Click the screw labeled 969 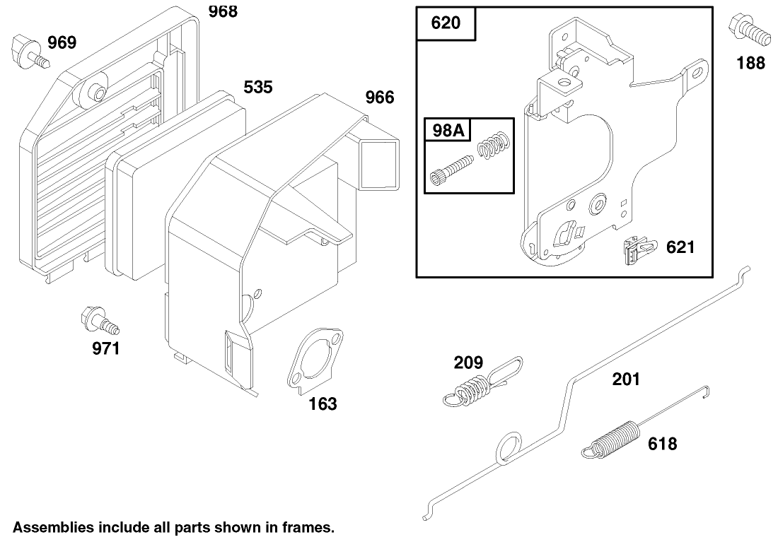30,52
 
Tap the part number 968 223,11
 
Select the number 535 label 258,88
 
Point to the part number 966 380,98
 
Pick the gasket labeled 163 315,360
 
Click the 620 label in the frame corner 446,23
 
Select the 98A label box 448,130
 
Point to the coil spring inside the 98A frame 493,146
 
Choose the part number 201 626,379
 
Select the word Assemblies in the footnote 53,527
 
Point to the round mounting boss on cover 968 94,90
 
